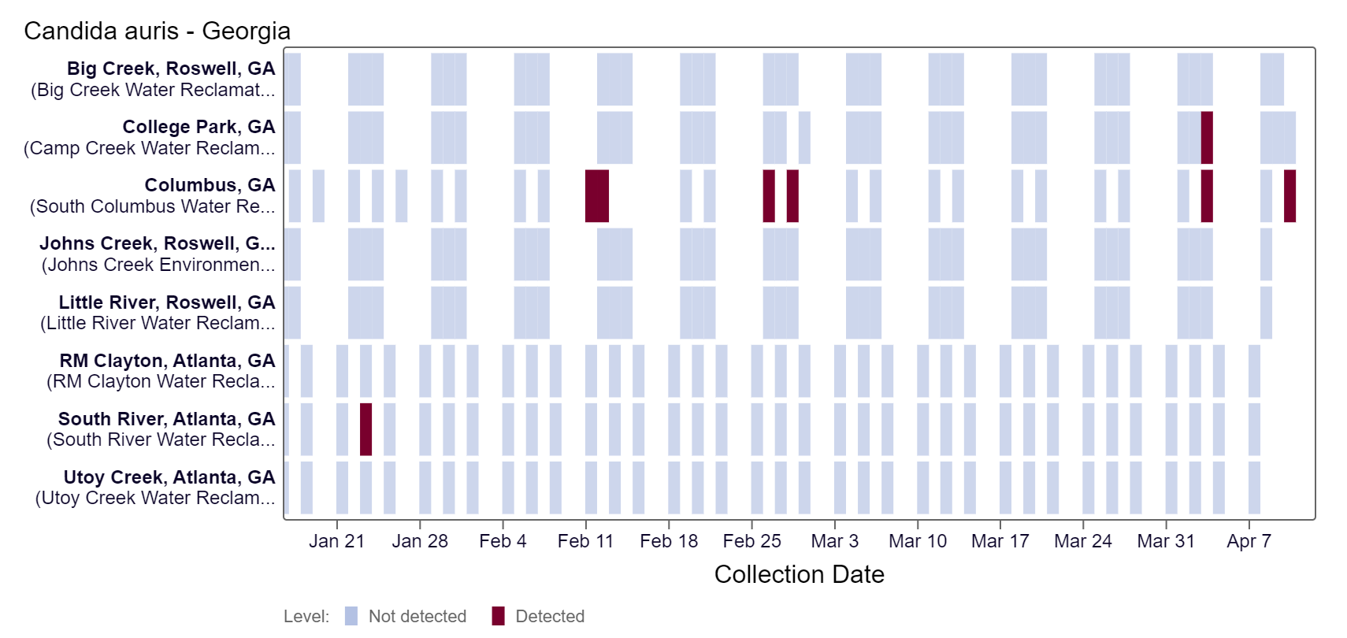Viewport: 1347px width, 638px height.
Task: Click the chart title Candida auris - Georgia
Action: coord(157,31)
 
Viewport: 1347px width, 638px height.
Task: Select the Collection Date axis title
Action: coord(799,574)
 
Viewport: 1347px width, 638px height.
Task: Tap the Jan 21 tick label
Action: coord(336,541)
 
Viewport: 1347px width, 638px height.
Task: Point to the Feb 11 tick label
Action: coord(585,541)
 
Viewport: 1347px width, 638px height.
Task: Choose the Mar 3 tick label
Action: coord(834,541)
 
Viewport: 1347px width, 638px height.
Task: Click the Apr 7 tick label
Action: coord(1249,541)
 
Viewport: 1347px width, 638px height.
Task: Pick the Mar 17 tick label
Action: coord(1000,541)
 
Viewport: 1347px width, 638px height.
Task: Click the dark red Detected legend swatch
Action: coord(498,616)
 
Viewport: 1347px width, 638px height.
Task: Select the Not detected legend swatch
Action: coord(351,616)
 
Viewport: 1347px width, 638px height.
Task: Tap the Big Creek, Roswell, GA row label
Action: coord(171,69)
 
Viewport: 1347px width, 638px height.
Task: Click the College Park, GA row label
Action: coord(199,127)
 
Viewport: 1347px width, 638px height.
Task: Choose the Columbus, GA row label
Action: coord(210,185)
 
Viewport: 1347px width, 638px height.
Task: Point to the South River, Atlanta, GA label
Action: coord(166,419)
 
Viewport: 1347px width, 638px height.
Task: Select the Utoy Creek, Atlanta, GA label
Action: coord(169,477)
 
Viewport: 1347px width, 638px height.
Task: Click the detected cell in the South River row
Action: coord(366,429)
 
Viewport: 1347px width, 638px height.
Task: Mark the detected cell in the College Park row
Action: coord(1207,138)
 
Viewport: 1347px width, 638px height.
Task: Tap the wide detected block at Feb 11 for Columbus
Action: coord(597,196)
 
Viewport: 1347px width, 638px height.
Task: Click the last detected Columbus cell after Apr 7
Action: coord(1289,196)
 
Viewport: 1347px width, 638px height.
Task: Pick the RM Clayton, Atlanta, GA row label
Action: coord(167,361)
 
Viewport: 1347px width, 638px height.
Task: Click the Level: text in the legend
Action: coord(306,616)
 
